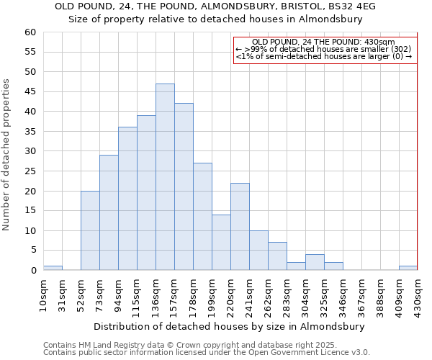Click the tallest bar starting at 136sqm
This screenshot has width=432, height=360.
[x=165, y=177]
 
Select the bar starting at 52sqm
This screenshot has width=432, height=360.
[x=90, y=230]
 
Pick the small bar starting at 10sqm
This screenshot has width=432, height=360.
[x=53, y=268]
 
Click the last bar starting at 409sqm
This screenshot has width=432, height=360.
[x=408, y=268]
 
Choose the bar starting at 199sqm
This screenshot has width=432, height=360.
[x=221, y=243]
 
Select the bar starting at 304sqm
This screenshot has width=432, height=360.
[x=315, y=262]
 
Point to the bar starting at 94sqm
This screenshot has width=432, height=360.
[x=127, y=199]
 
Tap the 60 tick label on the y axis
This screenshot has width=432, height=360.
[x=30, y=32]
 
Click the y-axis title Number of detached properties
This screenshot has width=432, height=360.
[x=6, y=154]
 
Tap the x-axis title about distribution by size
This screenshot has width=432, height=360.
[x=229, y=326]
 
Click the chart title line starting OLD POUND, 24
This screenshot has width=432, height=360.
[x=215, y=6]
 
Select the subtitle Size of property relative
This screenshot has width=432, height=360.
[x=215, y=19]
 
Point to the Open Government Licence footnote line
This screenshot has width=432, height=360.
[x=207, y=353]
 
